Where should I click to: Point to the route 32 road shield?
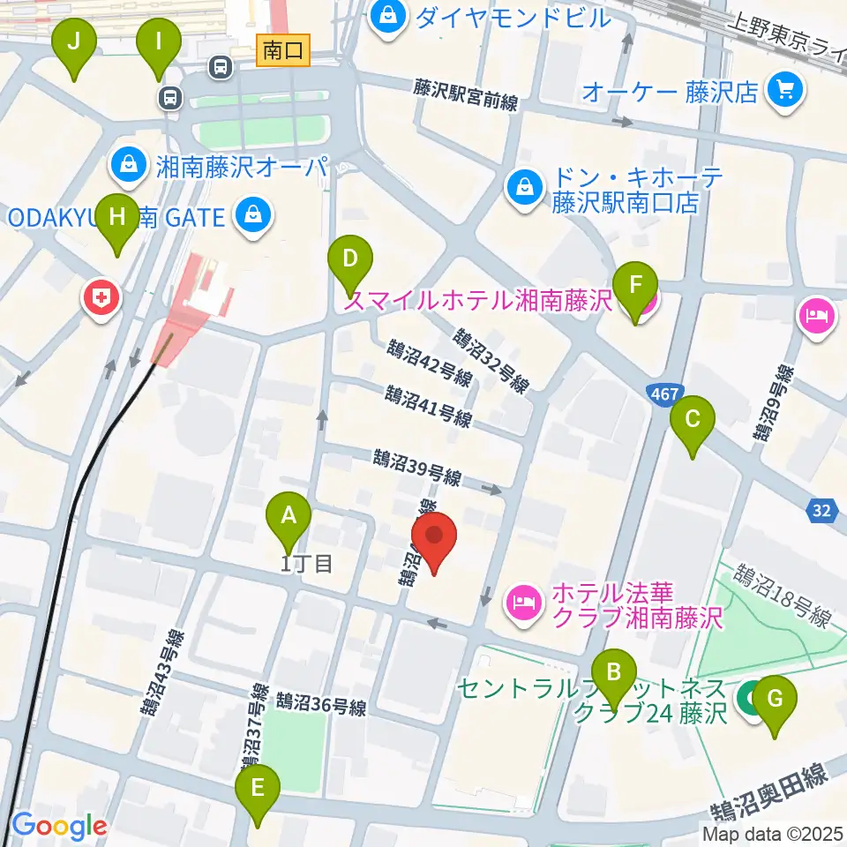point(821,509)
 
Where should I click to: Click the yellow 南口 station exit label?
point(283,51)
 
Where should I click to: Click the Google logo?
point(58,827)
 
